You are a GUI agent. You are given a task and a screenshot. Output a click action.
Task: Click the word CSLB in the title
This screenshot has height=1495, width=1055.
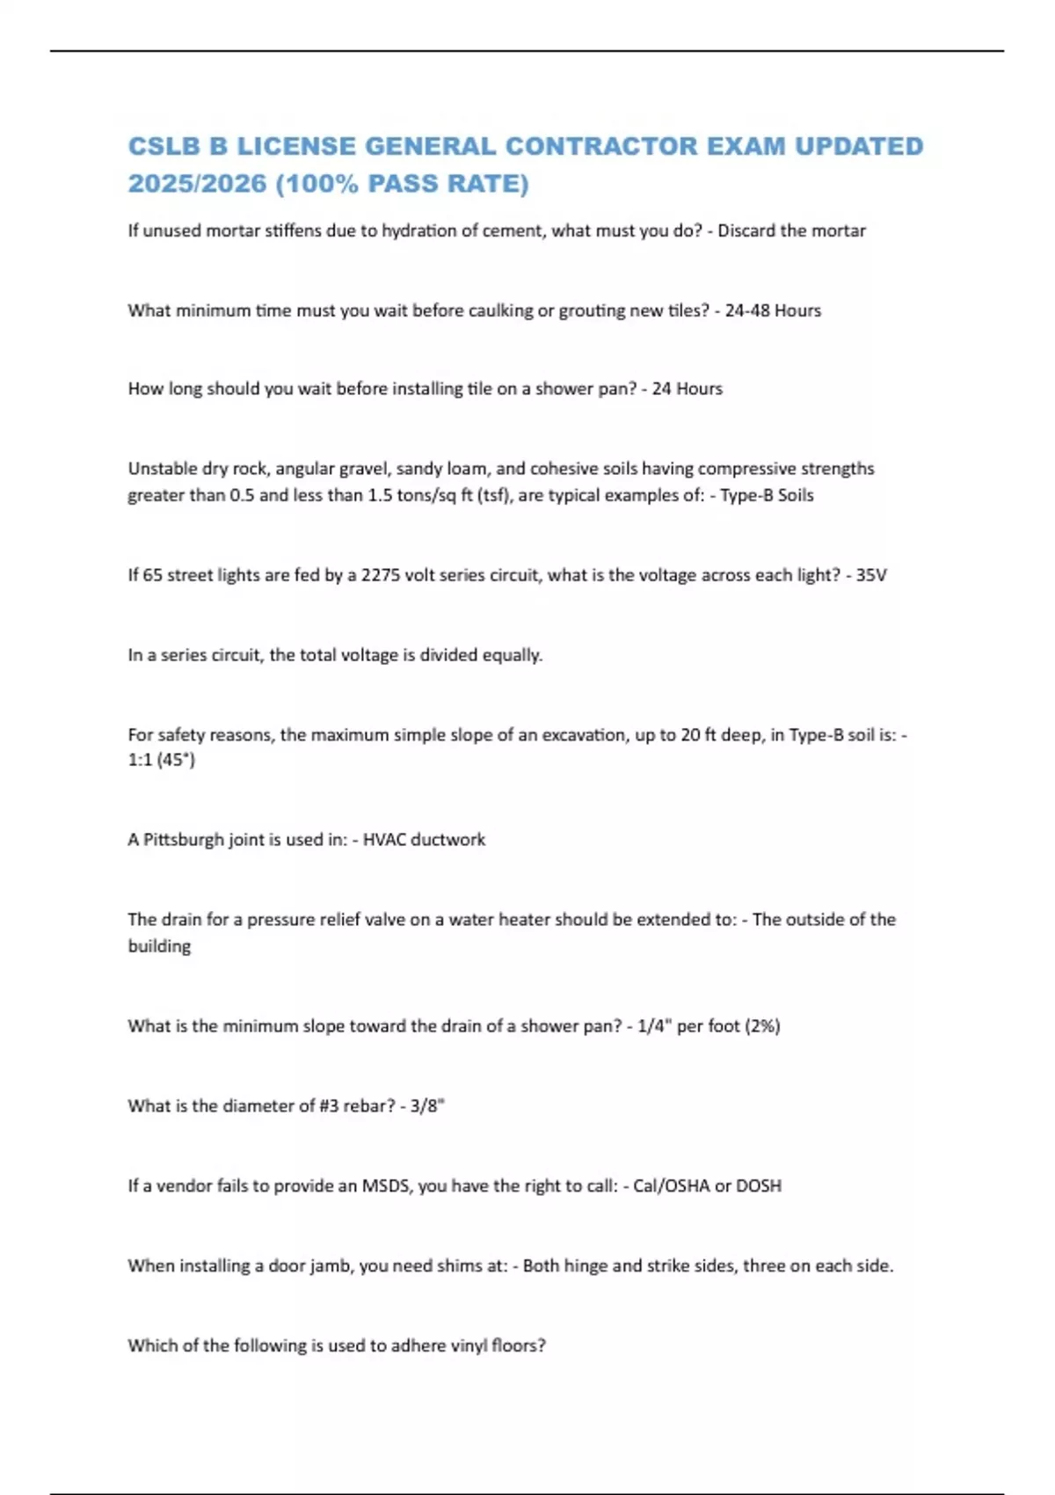coord(166,146)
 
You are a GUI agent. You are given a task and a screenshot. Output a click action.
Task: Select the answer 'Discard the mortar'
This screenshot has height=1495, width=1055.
coord(791,230)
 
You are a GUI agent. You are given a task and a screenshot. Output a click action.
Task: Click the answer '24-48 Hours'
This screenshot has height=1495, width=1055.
coord(773,310)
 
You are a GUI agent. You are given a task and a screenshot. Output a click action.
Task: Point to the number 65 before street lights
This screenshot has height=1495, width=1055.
coord(152,575)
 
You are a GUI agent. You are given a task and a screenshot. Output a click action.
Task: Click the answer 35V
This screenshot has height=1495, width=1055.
coord(871,575)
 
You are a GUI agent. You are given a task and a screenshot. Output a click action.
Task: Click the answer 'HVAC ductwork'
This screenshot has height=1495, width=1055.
coord(424,840)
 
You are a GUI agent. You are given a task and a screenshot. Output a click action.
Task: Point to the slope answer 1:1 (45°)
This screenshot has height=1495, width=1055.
coord(162,760)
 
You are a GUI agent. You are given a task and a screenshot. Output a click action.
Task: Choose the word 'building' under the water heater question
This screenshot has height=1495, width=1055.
coord(159,946)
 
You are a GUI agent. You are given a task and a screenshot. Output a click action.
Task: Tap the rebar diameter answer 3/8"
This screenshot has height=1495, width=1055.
coord(427,1106)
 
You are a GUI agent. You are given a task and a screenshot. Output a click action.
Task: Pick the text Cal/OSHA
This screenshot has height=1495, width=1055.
coord(671,1185)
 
